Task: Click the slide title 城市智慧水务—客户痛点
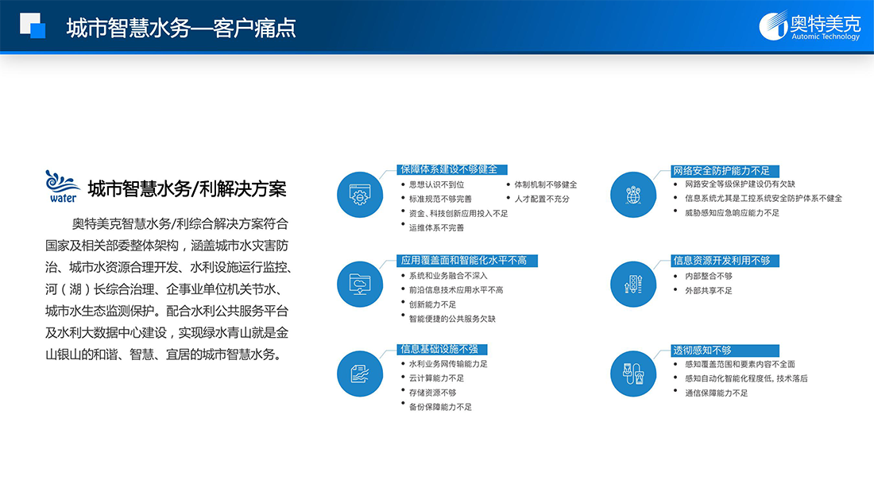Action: click(x=181, y=28)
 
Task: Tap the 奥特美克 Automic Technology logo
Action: click(x=810, y=25)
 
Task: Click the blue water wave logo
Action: click(x=63, y=186)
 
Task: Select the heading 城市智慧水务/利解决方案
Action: click(x=188, y=189)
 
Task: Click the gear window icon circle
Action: click(x=360, y=195)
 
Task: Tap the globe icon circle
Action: click(x=633, y=195)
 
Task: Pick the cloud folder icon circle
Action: click(x=360, y=284)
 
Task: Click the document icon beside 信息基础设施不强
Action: click(x=360, y=374)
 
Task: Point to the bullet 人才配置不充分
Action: click(x=542, y=200)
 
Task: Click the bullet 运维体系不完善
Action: click(x=436, y=227)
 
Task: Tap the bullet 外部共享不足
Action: click(x=709, y=291)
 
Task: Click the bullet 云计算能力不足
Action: click(x=436, y=378)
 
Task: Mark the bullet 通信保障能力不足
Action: click(x=716, y=393)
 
